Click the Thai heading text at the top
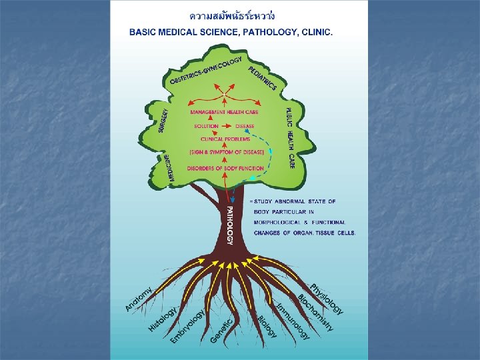232,15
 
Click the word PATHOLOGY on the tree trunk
229,225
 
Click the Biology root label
267,326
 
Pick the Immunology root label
293,319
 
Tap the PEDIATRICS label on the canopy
263,77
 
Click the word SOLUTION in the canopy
206,126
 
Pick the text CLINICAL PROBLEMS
226,139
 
